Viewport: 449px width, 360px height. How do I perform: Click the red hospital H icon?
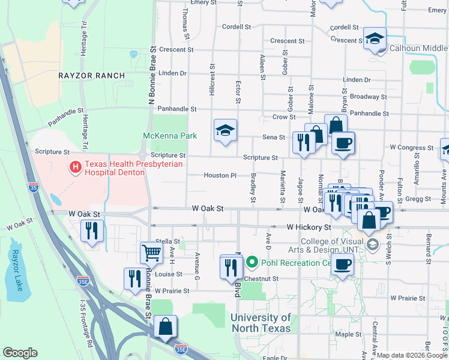(76, 167)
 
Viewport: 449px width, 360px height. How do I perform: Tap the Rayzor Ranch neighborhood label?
(92, 76)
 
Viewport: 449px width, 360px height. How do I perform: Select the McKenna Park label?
(170, 136)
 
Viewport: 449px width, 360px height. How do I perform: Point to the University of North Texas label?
(261, 323)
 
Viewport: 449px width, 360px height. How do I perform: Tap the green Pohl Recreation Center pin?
(252, 262)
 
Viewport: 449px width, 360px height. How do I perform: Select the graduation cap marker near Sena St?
(226, 130)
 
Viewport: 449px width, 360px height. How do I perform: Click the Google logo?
(20, 352)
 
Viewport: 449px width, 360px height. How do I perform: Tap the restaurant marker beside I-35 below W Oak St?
(92, 230)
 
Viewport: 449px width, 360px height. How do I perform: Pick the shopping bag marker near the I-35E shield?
(166, 326)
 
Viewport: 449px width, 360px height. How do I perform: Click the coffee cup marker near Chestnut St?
(342, 263)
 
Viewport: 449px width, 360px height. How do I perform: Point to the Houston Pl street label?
(220, 176)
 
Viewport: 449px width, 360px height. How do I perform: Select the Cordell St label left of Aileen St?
(236, 27)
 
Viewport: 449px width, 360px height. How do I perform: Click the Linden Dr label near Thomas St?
(173, 73)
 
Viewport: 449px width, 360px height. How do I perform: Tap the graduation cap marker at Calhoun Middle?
(375, 39)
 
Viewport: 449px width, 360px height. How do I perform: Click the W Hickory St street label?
(309, 227)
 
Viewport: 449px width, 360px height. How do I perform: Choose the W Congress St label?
(411, 147)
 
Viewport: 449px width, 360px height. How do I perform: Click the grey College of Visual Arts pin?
(373, 244)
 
